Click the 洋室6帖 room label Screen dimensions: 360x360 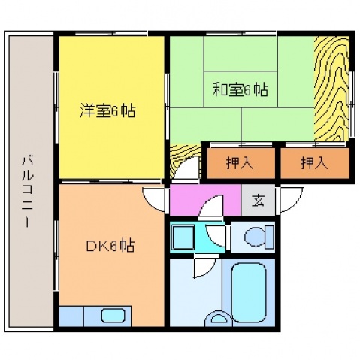(x=107, y=110)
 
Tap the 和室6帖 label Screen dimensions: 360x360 (x=241, y=89)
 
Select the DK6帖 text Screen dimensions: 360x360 (x=110, y=246)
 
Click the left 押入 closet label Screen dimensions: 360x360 (x=240, y=163)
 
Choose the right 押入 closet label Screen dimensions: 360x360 (x=314, y=163)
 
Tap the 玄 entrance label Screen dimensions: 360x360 (x=258, y=200)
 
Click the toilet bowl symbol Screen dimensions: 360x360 (x=259, y=237)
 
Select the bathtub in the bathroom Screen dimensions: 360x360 (x=249, y=292)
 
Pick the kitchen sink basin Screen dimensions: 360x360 (x=113, y=316)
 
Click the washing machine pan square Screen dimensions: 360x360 (x=183, y=237)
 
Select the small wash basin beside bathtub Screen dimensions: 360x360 (x=218, y=319)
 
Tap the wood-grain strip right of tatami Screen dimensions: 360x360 (x=331, y=89)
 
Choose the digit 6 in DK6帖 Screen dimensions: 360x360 (x=113, y=246)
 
